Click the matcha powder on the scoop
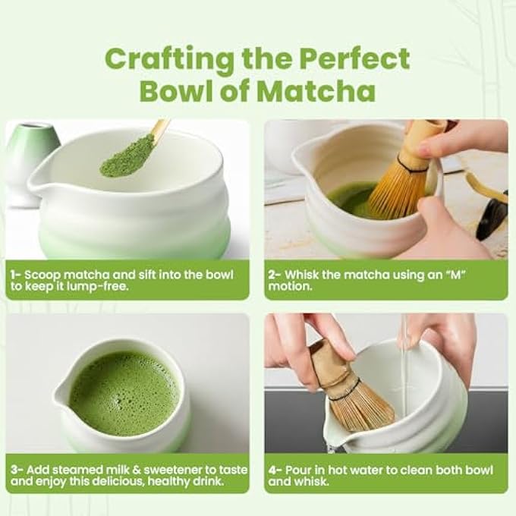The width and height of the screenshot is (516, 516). click(127, 156)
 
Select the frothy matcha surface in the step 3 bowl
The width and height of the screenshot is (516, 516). click(124, 393)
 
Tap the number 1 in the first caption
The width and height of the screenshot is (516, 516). click(13, 275)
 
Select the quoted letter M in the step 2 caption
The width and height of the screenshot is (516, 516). click(456, 274)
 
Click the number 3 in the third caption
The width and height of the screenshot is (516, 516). click(14, 470)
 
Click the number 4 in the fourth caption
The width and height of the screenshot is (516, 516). click(272, 470)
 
